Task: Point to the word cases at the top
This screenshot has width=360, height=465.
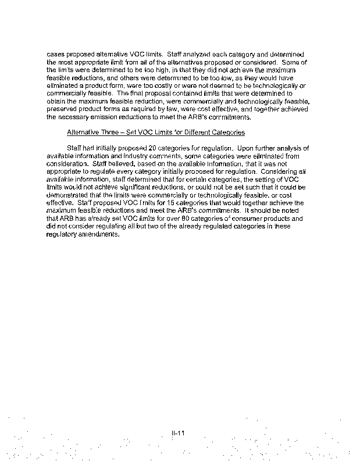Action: click(x=55, y=53)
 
